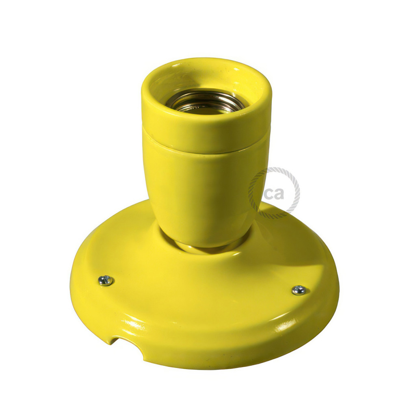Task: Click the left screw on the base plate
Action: click(105, 280)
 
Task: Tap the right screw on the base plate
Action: click(299, 290)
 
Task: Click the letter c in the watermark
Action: click(269, 194)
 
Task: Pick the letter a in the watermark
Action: click(279, 194)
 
